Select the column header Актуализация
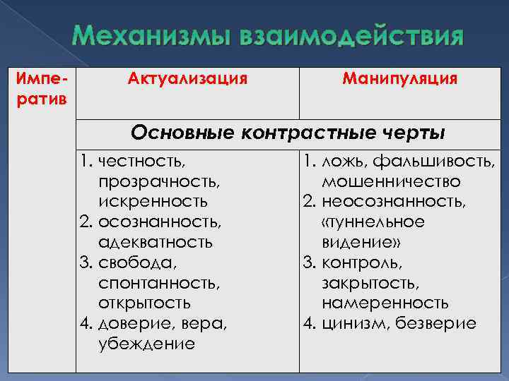click(x=187, y=78)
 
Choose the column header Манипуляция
click(x=399, y=78)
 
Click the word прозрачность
click(x=159, y=182)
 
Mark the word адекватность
click(x=156, y=243)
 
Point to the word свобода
click(x=139, y=263)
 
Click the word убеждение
click(x=146, y=344)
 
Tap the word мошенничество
click(x=391, y=182)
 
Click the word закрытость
click(x=370, y=284)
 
